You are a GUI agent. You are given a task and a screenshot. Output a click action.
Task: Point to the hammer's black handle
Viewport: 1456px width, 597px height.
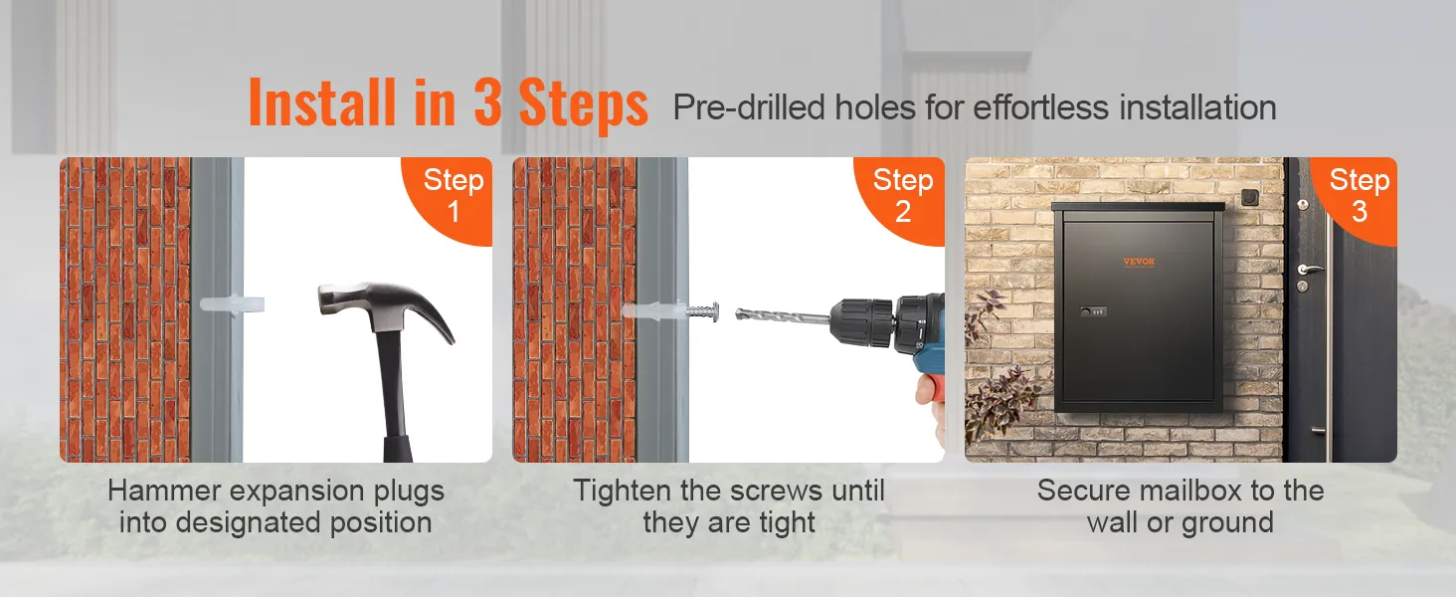396,397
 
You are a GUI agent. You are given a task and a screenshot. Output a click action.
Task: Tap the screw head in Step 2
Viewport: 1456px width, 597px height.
714,311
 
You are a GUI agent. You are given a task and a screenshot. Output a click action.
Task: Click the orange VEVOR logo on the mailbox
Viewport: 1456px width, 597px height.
1139,262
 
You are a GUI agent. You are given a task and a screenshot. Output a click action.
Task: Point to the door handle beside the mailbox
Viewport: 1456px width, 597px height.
1310,269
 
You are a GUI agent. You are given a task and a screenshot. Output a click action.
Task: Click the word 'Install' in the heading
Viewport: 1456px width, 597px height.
322,102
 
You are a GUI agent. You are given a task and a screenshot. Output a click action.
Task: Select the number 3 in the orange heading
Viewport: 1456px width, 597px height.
487,101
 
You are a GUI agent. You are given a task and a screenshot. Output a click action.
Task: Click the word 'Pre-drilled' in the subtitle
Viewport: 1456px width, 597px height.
749,107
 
